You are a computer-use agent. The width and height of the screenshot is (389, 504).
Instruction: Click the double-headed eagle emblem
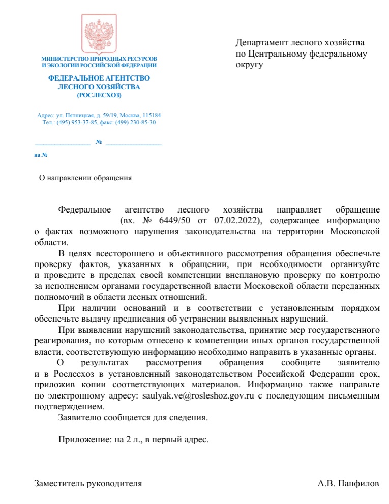99,34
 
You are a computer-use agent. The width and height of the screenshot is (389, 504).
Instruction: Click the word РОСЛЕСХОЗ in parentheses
99,95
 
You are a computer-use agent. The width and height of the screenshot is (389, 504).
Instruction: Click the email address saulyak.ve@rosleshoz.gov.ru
198,396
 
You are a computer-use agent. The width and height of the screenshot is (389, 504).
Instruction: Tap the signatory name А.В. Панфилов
348,483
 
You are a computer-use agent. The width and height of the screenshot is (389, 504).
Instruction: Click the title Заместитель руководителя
88,483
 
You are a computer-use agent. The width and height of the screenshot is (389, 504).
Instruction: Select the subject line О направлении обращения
85,178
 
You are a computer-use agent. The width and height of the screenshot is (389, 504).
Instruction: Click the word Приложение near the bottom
84,439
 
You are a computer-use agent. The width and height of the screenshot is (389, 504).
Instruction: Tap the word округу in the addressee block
249,65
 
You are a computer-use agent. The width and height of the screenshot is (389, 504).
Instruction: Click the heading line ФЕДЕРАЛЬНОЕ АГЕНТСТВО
99,79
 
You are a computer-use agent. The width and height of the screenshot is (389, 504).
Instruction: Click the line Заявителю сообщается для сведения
133,417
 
